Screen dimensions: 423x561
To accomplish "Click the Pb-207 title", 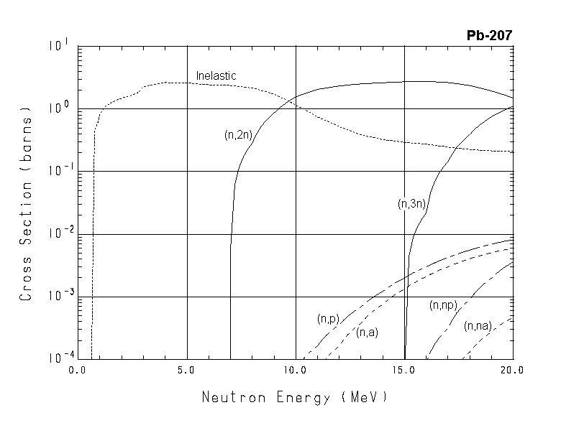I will coord(488,35).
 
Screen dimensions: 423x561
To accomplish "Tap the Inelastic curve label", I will coord(216,75).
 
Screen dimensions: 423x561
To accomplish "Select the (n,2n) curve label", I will coord(238,134).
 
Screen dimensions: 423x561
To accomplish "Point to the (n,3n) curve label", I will coord(412,204).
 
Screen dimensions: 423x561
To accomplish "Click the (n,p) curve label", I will coord(328,318).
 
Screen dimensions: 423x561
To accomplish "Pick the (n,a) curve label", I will coord(367,332).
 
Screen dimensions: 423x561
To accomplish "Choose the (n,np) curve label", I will coord(444,305).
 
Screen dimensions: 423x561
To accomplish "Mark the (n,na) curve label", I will coord(478,326).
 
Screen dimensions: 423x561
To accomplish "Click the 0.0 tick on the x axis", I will coord(77,371).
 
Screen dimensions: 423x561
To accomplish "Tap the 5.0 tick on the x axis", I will coord(186,371).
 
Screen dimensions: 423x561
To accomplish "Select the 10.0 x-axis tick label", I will coord(296,371).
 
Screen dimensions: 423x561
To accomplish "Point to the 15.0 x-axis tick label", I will coord(404,371).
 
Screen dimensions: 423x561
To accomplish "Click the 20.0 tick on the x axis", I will coord(513,371).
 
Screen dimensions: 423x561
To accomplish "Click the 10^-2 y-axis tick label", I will coord(60,233).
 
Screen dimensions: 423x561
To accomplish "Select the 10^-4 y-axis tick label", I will coord(60,358).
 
